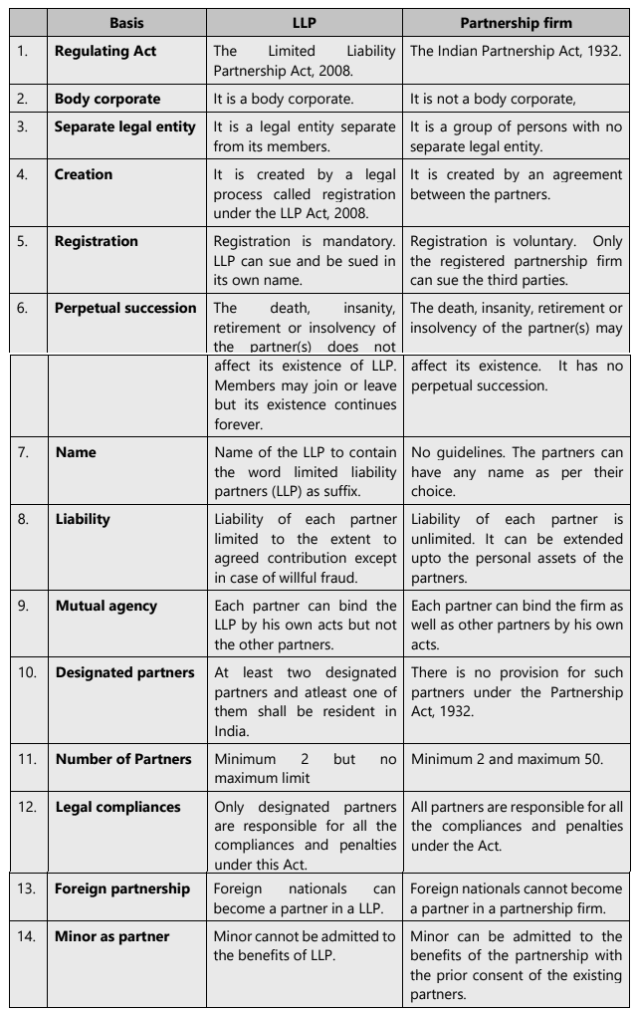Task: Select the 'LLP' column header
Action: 305,21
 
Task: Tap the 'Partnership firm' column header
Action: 516,21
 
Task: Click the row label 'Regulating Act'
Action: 106,50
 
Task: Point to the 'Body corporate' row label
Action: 107,99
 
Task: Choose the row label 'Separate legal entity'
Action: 125,126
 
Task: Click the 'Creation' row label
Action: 84,174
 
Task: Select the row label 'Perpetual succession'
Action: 125,308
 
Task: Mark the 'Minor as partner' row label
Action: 111,936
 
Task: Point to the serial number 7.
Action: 23,451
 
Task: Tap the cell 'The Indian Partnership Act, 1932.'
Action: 516,50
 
